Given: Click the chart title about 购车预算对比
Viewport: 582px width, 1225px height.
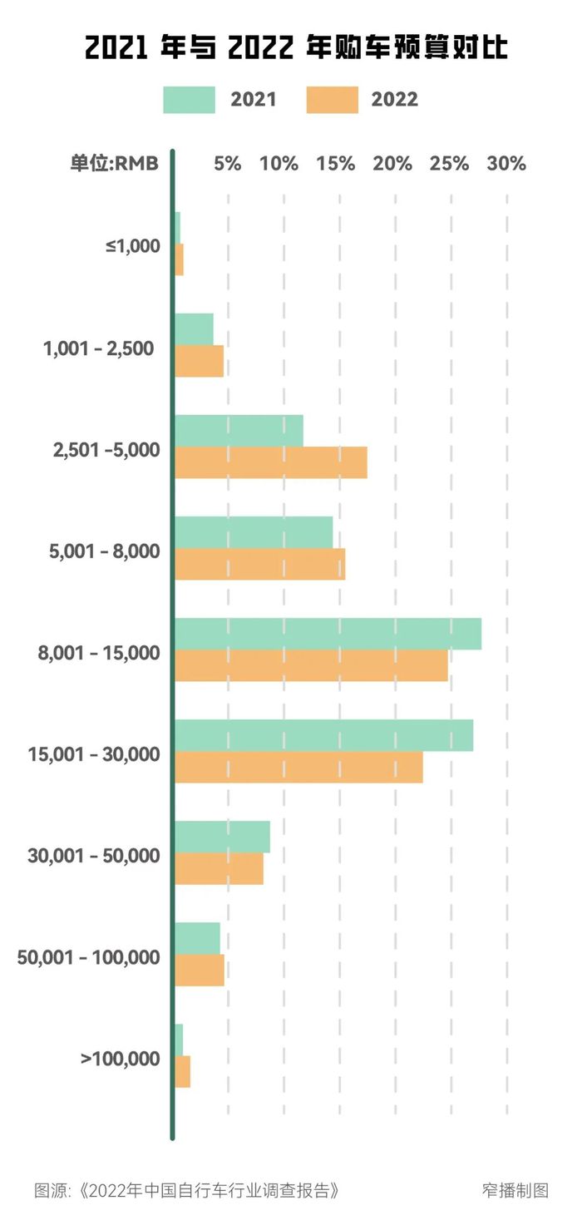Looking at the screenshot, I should tap(296, 48).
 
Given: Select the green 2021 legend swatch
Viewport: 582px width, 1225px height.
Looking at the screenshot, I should tap(189, 100).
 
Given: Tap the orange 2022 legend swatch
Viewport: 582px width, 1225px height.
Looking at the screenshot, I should tap(332, 100).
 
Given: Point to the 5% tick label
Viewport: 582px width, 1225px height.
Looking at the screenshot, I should tap(228, 164).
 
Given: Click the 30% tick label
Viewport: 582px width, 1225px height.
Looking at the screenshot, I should tap(506, 164).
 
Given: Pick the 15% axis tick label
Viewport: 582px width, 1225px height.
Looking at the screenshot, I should tap(336, 164).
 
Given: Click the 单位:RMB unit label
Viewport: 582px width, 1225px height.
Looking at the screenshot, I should tap(114, 164).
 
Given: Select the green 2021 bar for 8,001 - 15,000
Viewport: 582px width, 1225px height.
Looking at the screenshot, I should tap(328, 635).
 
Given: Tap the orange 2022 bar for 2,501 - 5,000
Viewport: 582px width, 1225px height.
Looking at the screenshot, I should tap(271, 462).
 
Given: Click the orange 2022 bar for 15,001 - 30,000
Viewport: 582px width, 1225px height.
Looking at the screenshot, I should tap(298, 767).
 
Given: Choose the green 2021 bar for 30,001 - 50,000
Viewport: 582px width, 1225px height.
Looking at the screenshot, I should tap(222, 837).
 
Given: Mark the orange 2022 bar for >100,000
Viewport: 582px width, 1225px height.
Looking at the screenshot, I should tap(183, 1071).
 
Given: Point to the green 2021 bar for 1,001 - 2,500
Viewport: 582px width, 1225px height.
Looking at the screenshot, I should tap(194, 329).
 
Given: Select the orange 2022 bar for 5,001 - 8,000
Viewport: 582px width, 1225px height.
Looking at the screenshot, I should tap(259, 564).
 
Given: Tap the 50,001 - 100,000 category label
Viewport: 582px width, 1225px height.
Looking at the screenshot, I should tap(89, 958).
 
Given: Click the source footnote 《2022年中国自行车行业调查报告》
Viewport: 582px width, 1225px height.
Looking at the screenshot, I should tap(187, 1190).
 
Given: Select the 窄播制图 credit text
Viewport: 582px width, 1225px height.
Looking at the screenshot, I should tap(515, 1190).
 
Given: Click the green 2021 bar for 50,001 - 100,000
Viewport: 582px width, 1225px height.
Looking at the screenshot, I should tap(197, 938).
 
